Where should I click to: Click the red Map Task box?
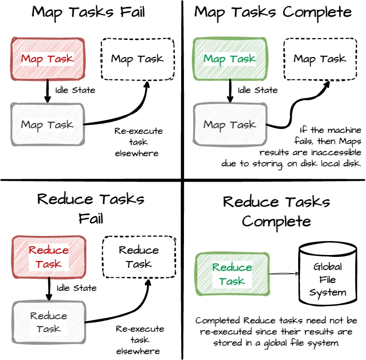point(47,59)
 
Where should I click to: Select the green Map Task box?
point(230,59)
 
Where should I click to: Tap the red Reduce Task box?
point(48,257)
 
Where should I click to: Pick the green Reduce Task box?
point(232,274)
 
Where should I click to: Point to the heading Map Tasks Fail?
point(88,12)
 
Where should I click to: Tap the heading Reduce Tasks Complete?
point(276,211)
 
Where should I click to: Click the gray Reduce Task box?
point(49,322)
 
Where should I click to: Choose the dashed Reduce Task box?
point(138,257)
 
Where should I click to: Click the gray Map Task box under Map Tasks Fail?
point(47,124)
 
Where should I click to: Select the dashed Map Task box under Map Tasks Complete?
point(320,59)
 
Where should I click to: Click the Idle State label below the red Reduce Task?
point(77,288)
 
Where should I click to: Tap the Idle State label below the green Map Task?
point(258,90)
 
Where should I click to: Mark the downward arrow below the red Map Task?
point(46,90)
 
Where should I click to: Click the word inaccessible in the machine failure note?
point(337,152)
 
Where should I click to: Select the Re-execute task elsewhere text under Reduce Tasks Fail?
point(140,340)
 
